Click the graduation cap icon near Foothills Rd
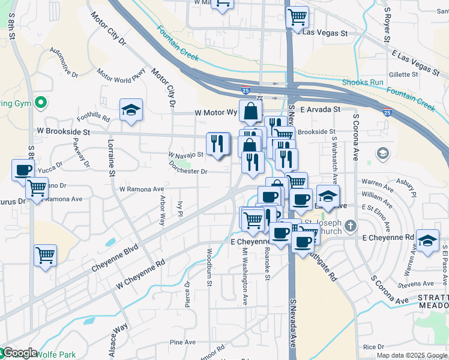pos(131,110)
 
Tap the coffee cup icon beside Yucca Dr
pos(23,170)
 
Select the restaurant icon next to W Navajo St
pos(218,143)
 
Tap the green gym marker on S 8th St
pos(41,103)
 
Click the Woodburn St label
pos(210,263)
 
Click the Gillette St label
pos(403,74)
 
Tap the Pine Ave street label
pos(182,343)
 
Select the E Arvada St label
pos(321,110)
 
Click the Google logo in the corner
pos(19,353)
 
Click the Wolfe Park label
pos(57,354)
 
